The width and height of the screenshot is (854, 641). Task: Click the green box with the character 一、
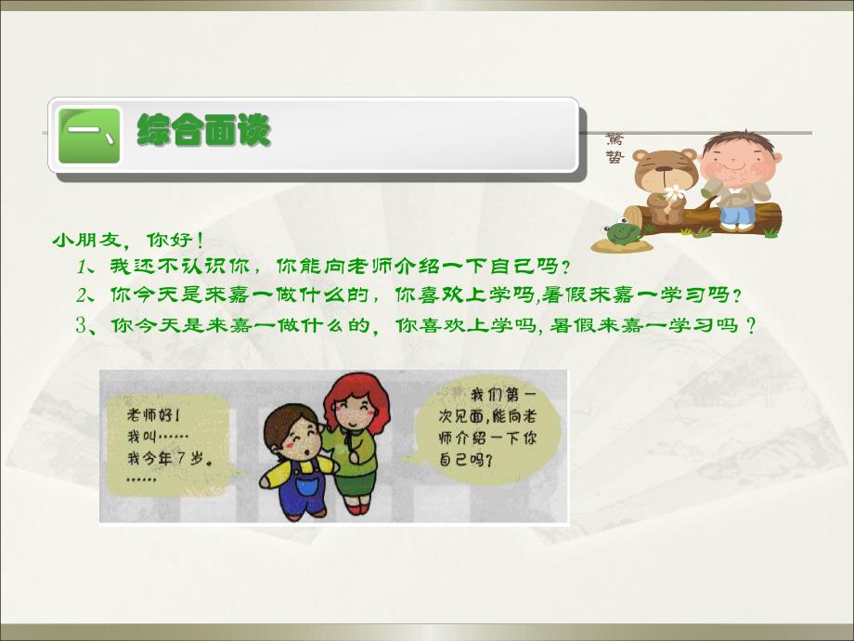pos(89,136)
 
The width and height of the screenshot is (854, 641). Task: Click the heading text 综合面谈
pos(203,131)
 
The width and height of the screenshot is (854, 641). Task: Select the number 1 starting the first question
pos(83,268)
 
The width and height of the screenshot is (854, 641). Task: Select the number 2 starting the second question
pos(83,295)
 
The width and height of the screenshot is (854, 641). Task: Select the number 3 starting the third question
pos(83,326)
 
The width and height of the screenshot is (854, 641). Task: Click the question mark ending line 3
pos(749,326)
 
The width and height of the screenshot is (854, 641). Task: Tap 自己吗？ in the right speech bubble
pos(464,459)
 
